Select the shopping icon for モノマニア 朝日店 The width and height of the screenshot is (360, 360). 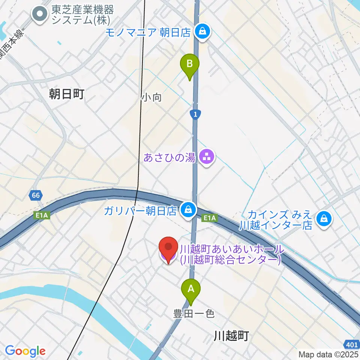[x=202, y=32]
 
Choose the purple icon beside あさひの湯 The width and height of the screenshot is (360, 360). [x=206, y=157]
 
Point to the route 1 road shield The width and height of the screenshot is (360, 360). [x=195, y=114]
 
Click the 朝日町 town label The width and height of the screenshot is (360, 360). [x=66, y=94]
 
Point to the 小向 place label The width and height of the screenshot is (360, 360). [x=151, y=97]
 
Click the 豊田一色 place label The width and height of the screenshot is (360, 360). [x=194, y=313]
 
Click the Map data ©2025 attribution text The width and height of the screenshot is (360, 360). [x=328, y=354]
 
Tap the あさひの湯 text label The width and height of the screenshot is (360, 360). [x=169, y=157]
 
